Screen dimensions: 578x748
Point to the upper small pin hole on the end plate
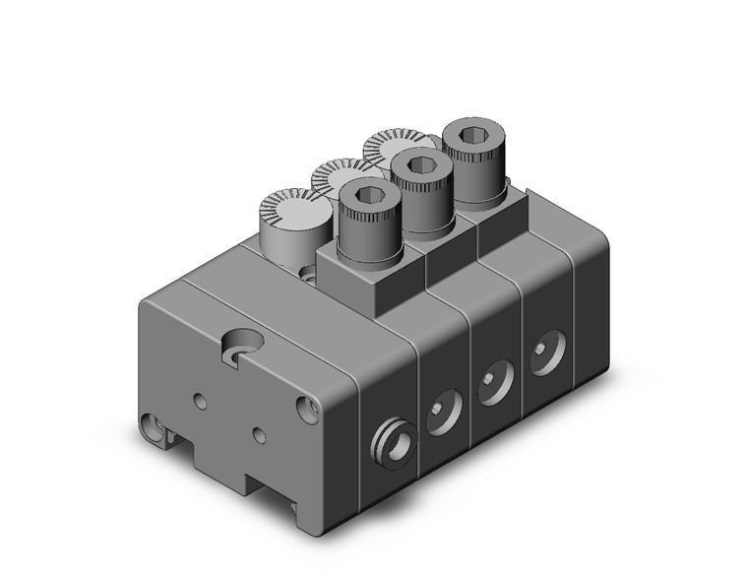(x=200, y=400)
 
